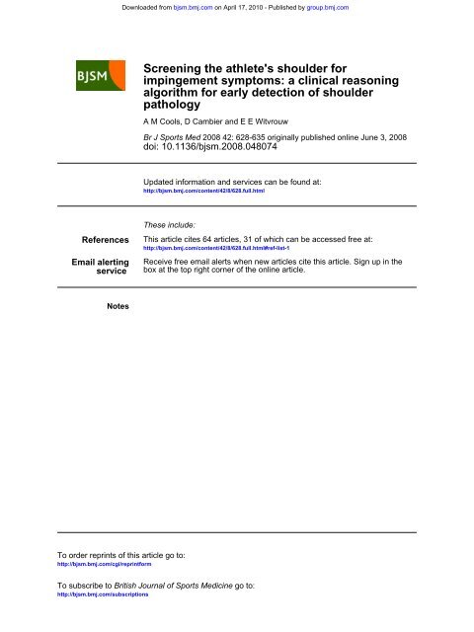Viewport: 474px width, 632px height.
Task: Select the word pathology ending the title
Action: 172,104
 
